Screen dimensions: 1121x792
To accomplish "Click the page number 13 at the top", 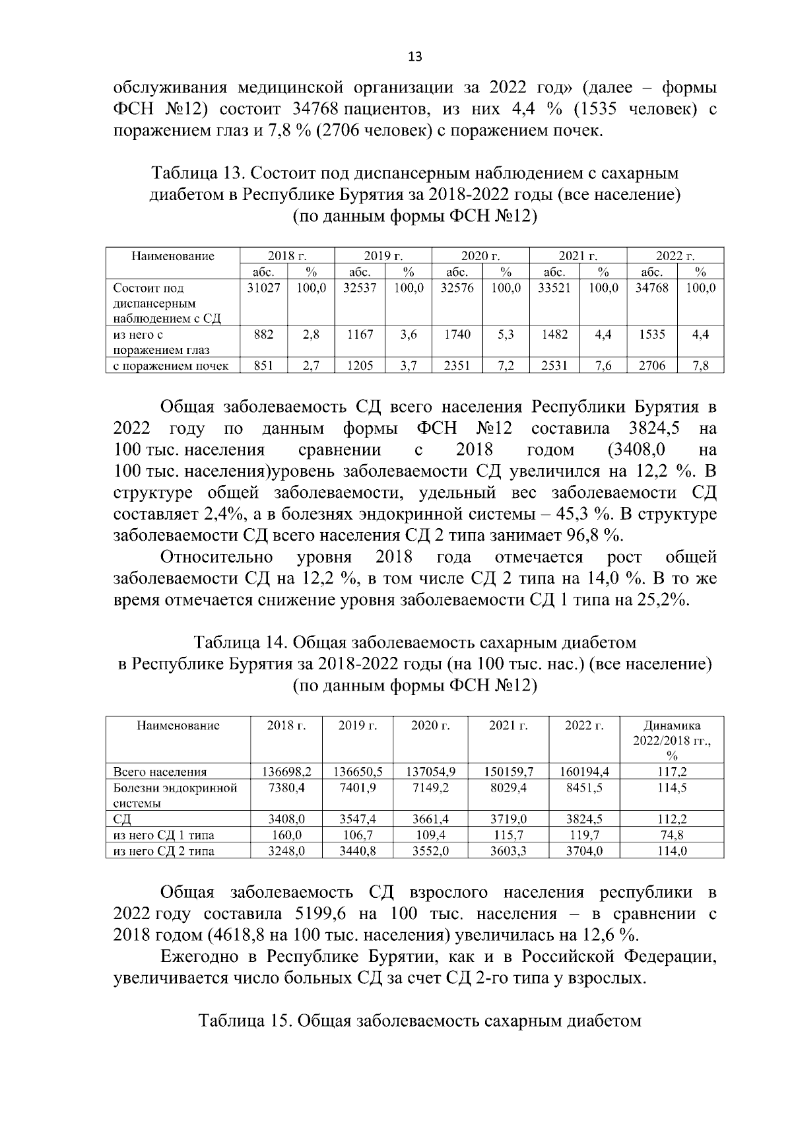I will point(415,56).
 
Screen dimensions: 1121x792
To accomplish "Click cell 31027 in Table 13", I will point(263,289).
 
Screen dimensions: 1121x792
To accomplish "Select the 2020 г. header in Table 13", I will point(480,256).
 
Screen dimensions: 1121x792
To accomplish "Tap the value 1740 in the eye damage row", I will point(457,335).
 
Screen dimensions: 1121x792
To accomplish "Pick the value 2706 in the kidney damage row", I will point(651,366).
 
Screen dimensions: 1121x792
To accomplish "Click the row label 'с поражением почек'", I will point(171,366).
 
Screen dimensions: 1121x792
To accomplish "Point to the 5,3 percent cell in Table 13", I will point(506,335).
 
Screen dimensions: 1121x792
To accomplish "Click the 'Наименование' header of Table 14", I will point(178,726).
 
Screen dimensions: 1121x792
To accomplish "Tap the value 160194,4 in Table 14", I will point(584,772).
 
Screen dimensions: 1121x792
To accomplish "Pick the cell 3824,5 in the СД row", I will point(584,819).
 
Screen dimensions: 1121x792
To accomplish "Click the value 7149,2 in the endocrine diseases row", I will point(430,788).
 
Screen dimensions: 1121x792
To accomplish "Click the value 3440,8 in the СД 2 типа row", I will point(357,851).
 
